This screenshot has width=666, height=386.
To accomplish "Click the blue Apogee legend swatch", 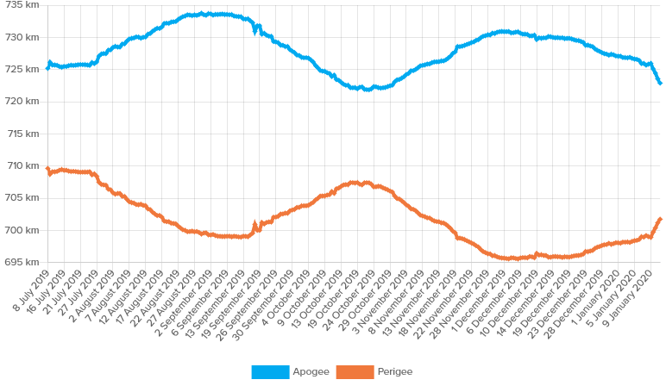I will click(270, 372).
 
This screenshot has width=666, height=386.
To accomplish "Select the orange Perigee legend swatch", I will click(355, 372).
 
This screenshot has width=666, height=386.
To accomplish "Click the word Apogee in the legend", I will click(311, 372).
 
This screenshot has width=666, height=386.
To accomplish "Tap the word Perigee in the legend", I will click(395, 372).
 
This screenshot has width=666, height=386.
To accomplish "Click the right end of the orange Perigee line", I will click(661, 218).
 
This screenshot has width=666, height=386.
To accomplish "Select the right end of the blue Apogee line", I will click(661, 84).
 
